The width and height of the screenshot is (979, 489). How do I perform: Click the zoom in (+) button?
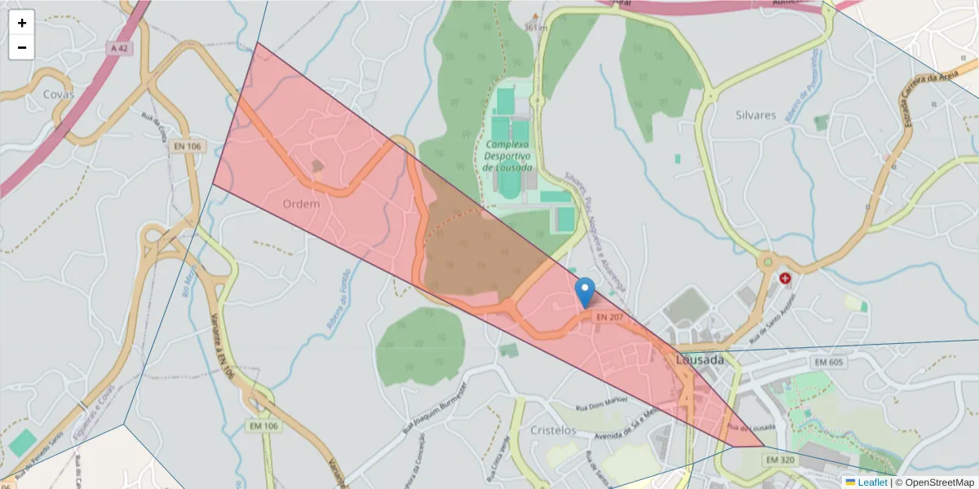tap(22, 23)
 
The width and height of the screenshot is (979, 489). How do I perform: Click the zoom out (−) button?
tap(22, 47)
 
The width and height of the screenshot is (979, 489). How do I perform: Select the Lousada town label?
tap(700, 359)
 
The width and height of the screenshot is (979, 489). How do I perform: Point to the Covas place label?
tap(59, 95)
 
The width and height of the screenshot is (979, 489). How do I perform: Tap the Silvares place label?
tap(755, 115)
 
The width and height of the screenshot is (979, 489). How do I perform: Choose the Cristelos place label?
tap(553, 430)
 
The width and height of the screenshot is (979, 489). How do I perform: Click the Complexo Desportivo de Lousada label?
tap(507, 155)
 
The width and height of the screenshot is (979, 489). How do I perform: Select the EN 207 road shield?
tap(609, 316)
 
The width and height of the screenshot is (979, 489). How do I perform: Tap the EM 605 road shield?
tap(829, 362)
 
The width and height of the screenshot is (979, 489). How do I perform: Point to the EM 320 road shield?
tap(780, 460)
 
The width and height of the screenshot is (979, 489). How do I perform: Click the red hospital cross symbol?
tap(785, 278)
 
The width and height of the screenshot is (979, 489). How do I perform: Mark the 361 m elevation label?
tap(535, 27)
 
